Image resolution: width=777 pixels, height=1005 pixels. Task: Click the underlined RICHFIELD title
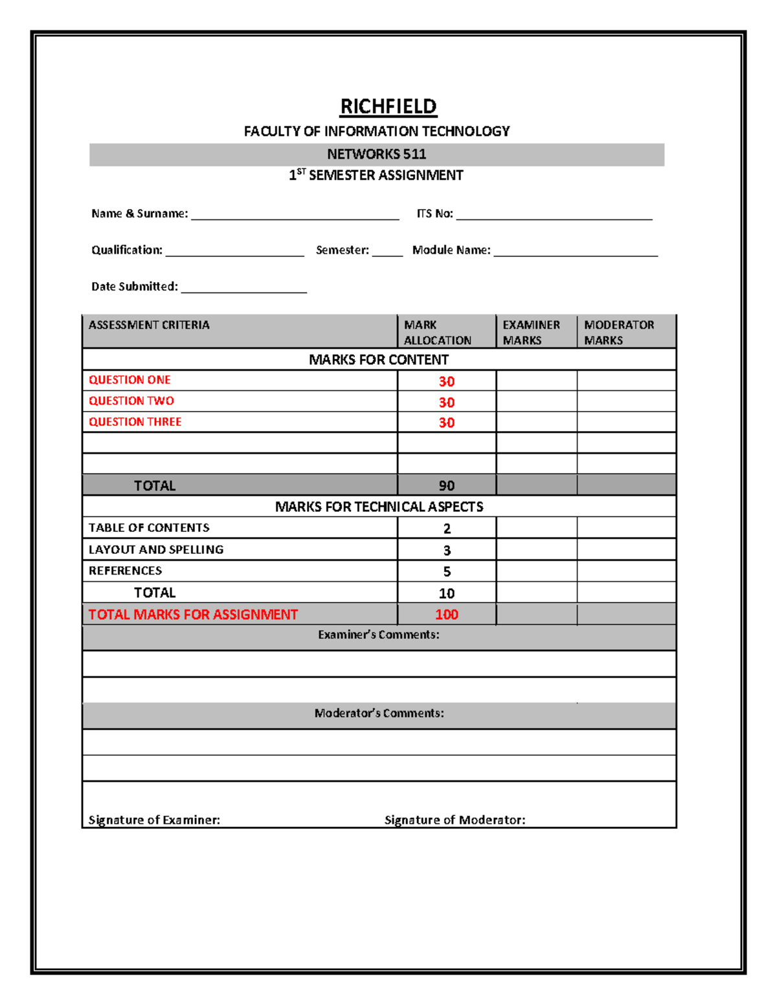click(388, 106)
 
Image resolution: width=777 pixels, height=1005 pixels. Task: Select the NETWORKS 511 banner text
click(376, 154)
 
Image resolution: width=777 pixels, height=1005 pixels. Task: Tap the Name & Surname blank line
click(295, 216)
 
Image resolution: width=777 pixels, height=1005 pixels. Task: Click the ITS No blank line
click(554, 216)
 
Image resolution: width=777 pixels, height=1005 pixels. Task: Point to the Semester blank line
click(387, 252)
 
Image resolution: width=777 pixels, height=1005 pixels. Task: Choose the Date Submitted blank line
click(243, 289)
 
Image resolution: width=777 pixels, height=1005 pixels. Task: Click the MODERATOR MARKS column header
click(619, 332)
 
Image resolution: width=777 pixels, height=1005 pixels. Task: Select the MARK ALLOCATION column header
click(438, 332)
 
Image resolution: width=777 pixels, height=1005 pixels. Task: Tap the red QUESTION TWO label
click(131, 401)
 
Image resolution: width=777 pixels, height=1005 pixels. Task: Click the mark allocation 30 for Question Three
click(447, 423)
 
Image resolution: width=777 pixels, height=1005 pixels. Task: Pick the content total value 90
click(447, 485)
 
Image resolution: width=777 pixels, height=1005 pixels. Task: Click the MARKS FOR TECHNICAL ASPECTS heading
click(379, 507)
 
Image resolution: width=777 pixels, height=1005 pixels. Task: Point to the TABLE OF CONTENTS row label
click(149, 527)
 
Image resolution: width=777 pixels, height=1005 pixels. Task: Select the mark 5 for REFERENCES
click(447, 571)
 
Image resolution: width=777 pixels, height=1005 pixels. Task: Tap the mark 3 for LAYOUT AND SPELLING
click(447, 550)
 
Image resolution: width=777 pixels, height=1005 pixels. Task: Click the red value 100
click(447, 614)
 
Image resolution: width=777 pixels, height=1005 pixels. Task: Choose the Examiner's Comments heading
click(379, 635)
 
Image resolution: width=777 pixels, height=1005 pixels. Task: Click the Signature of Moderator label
click(455, 820)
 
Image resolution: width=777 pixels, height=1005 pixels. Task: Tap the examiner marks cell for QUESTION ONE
click(536, 381)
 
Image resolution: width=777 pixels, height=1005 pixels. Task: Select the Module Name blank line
click(576, 252)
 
